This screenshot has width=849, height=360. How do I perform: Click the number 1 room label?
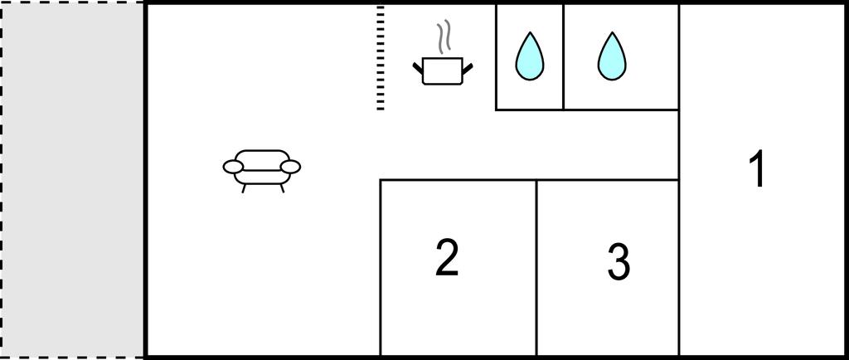click(x=758, y=169)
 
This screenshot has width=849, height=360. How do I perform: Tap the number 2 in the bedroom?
click(x=447, y=258)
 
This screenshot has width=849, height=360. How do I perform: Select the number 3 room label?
click(x=619, y=262)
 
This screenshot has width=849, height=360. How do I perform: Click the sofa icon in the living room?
click(x=261, y=171)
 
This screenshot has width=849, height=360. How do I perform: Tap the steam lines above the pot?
click(x=444, y=36)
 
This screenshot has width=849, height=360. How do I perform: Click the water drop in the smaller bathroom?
click(x=529, y=56)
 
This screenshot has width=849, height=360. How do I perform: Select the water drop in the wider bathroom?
click(x=612, y=56)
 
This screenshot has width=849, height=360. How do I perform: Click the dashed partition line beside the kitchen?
click(x=380, y=58)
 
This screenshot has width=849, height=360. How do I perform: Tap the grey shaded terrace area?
click(x=73, y=179)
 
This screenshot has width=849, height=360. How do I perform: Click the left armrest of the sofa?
click(x=233, y=168)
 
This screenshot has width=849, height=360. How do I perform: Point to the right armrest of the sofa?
click(x=290, y=168)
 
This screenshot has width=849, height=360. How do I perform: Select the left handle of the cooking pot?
click(x=418, y=68)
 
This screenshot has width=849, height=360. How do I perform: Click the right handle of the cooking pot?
click(x=468, y=68)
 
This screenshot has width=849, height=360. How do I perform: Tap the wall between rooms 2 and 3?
click(x=536, y=267)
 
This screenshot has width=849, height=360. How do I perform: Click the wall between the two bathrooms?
click(x=563, y=58)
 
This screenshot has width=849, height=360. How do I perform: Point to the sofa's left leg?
click(x=244, y=188)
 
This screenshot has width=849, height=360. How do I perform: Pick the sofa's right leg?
click(x=282, y=188)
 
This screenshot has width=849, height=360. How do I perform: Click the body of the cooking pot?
click(x=443, y=71)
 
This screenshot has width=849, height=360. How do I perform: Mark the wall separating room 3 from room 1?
click(x=678, y=267)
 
